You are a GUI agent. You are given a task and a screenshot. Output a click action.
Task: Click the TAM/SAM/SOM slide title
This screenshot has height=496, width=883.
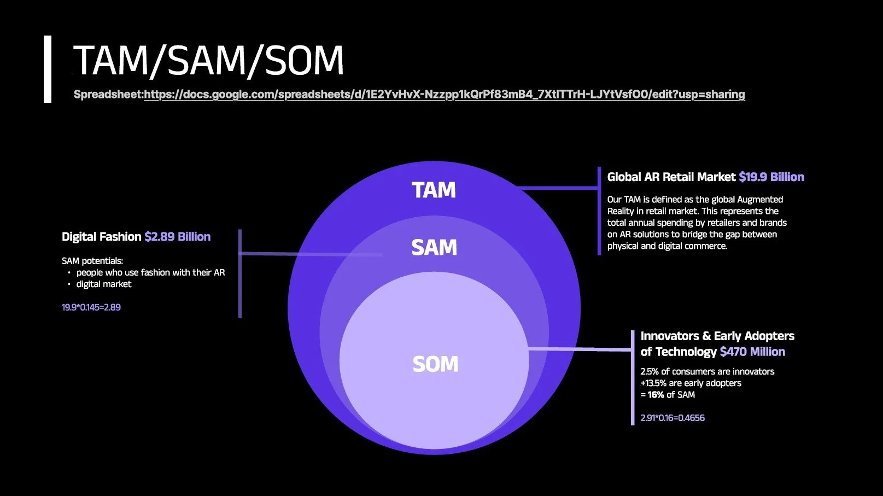[208, 60]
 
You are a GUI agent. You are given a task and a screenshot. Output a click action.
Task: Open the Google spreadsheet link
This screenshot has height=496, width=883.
[444, 95]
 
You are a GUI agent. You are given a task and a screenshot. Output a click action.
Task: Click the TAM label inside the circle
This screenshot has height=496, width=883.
[434, 190]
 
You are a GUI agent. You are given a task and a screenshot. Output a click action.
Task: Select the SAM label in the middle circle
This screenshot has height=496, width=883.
[434, 248]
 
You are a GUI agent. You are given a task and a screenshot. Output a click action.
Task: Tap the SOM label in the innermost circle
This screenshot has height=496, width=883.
[435, 364]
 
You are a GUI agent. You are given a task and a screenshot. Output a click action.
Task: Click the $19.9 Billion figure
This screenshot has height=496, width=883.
[771, 177]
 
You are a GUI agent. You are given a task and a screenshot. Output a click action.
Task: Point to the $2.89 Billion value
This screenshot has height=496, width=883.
[177, 237]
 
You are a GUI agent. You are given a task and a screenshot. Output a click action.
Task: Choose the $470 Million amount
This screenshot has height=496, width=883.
[752, 352]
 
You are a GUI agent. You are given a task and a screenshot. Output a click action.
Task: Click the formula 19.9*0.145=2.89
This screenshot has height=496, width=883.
[91, 307]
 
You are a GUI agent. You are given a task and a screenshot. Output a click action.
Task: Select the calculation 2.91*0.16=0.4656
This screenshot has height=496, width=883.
[673, 418]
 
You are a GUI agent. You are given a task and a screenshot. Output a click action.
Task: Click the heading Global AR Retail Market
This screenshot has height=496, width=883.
[671, 177]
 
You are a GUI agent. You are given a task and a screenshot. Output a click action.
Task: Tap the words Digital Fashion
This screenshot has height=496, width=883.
[101, 237]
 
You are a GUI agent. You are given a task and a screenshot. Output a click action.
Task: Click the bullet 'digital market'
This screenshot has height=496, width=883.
[104, 284]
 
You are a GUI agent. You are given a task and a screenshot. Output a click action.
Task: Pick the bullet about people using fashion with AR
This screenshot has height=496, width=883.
[150, 272]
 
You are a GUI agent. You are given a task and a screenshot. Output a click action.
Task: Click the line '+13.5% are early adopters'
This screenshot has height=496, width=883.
[691, 383]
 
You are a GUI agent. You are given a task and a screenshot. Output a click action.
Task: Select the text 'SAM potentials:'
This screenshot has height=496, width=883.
[92, 261]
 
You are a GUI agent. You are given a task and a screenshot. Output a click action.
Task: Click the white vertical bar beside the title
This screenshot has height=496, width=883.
[48, 69]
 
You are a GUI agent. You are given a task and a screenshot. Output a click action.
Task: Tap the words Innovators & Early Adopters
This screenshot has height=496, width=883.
[717, 336]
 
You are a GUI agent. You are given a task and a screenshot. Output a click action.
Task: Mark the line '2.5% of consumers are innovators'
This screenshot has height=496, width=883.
[707, 372]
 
